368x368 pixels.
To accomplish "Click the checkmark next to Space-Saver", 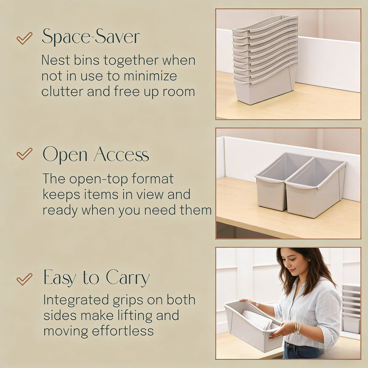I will pyautogui.click(x=24, y=38).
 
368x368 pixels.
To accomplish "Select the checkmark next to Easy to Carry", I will pyautogui.click(x=24, y=279).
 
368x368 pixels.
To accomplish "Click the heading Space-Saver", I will pyautogui.click(x=91, y=37).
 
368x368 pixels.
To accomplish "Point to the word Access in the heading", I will pyautogui.click(x=121, y=155).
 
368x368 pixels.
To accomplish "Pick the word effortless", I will pyautogui.click(x=123, y=331).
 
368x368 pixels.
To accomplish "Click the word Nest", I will pyautogui.click(x=53, y=60).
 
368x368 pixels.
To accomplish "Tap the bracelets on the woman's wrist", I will pyautogui.click(x=298, y=328).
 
